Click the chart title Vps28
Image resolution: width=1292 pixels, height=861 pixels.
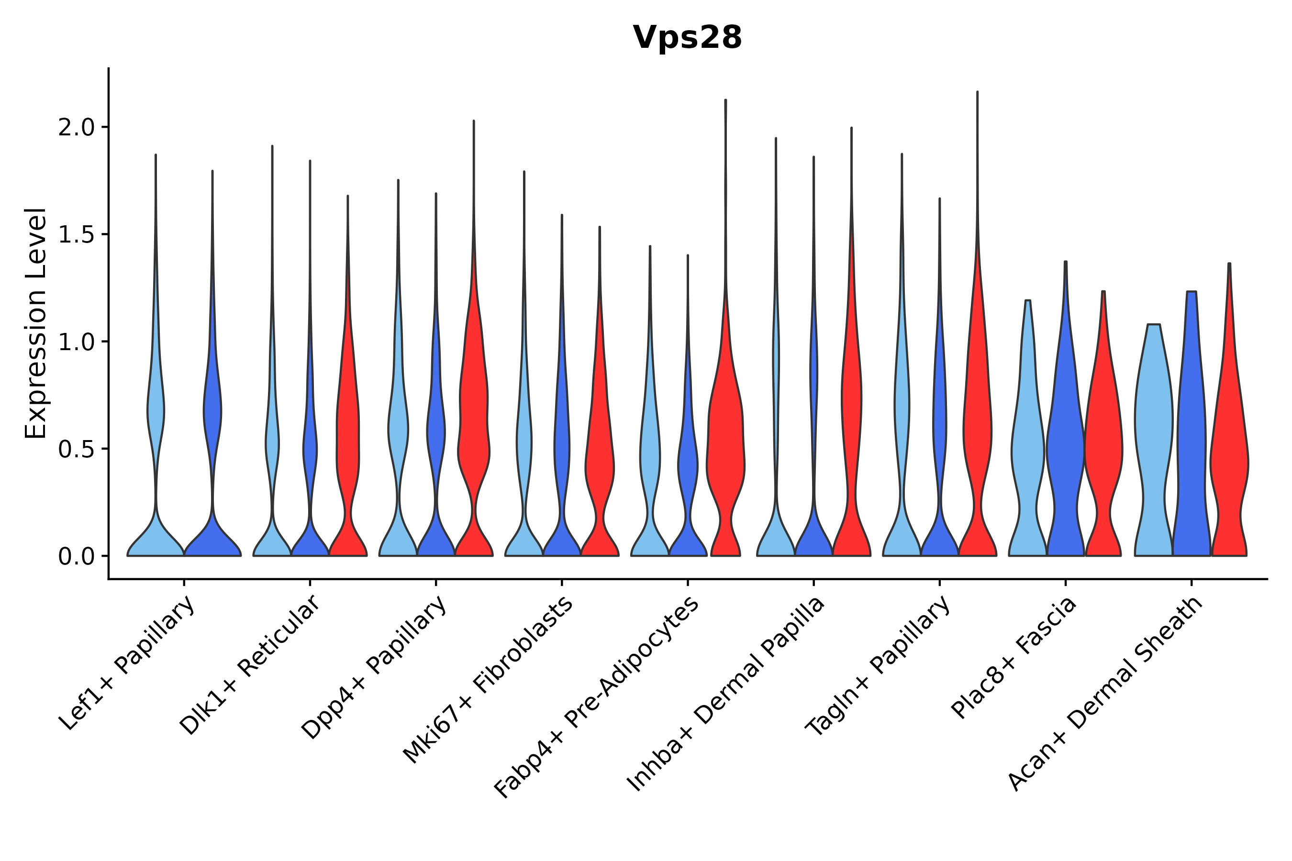pos(687,38)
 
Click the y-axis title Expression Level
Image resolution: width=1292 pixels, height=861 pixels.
pos(36,323)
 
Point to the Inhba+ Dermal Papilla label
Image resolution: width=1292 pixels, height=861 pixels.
pos(726,694)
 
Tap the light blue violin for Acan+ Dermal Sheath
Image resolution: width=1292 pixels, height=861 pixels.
pos(1154,439)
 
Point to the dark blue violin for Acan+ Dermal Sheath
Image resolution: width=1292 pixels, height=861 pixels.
pos(1191,439)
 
